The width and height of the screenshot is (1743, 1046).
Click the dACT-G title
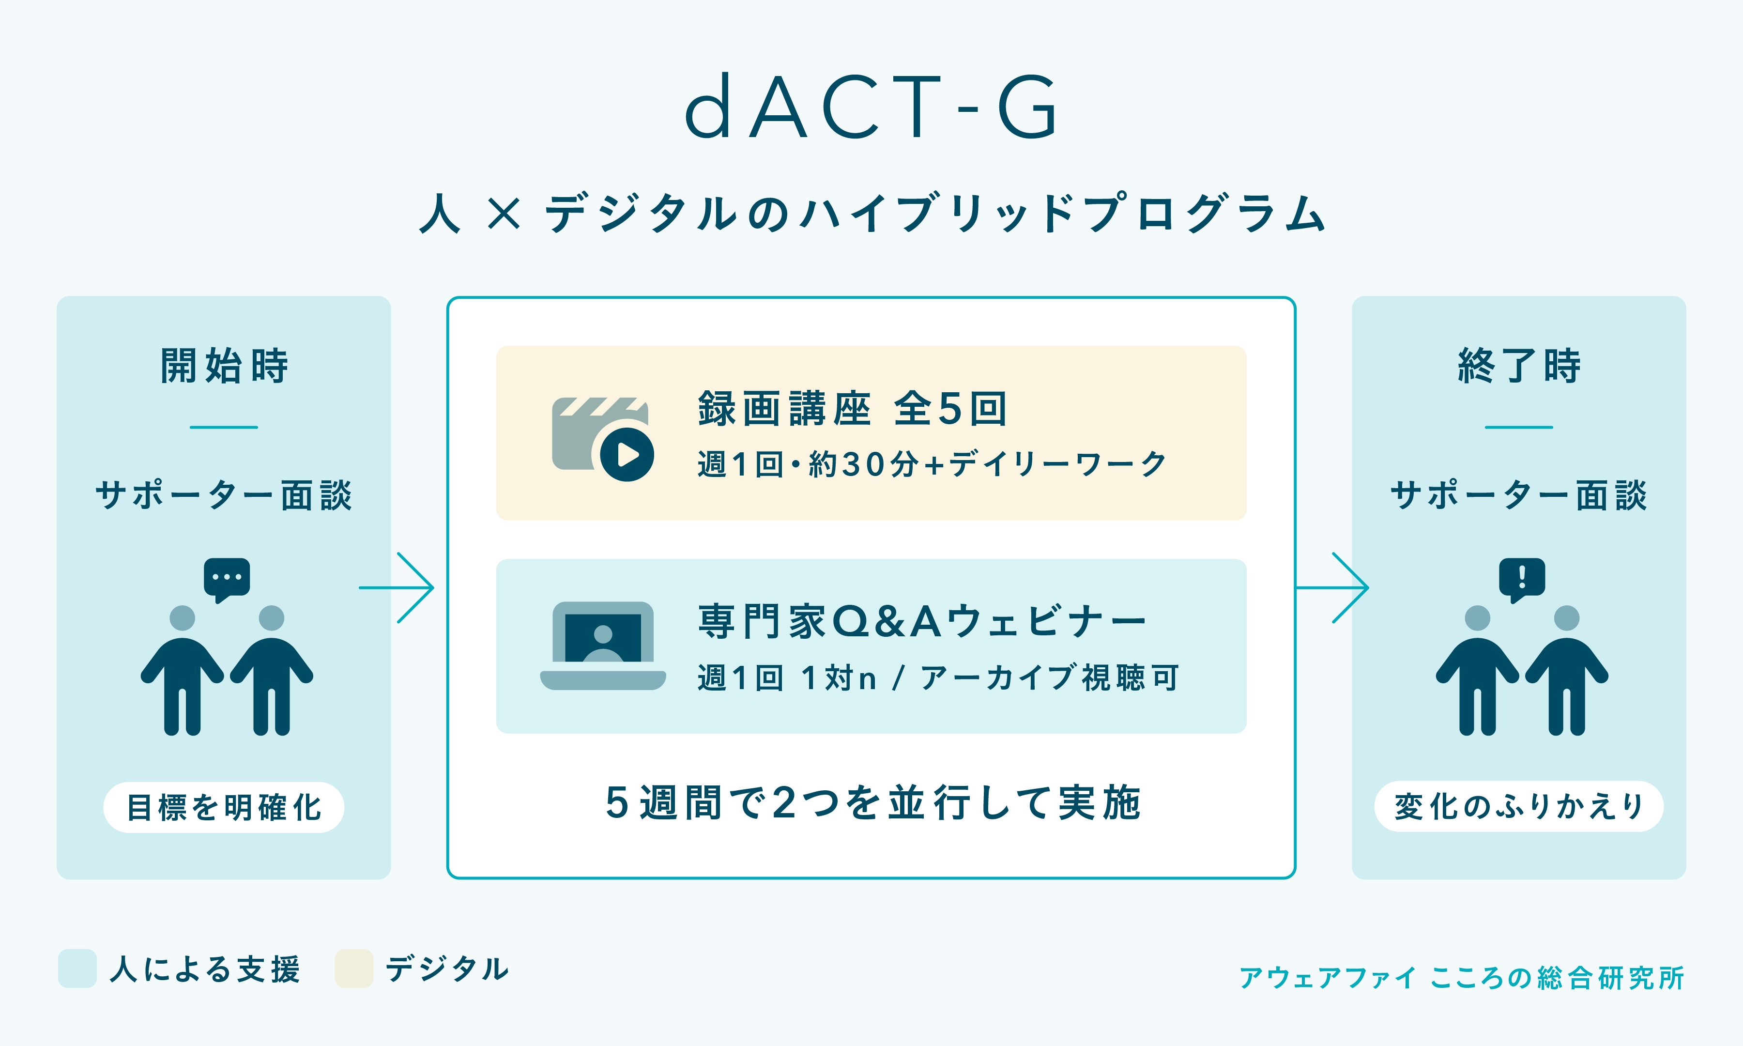pyautogui.click(x=871, y=107)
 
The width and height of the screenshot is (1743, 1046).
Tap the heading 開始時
pyautogui.click(x=224, y=365)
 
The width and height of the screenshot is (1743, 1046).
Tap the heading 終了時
pyautogui.click(x=1519, y=365)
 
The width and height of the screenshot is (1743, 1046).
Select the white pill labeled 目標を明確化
pyautogui.click(x=224, y=807)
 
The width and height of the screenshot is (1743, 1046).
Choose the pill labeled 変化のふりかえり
pyautogui.click(x=1519, y=806)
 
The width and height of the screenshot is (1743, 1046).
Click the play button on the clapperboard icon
pyautogui.click(x=627, y=455)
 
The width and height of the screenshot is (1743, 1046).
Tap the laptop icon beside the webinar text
pyautogui.click(x=603, y=646)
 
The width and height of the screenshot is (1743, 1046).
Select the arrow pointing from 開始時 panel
pyautogui.click(x=396, y=587)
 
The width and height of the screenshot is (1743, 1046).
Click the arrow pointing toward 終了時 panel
pyautogui.click(x=1331, y=587)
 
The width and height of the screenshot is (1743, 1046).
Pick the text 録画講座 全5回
pyautogui.click(x=853, y=408)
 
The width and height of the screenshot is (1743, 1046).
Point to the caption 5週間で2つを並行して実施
pyautogui.click(x=873, y=803)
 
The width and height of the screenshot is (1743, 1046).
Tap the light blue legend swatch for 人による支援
pyautogui.click(x=77, y=969)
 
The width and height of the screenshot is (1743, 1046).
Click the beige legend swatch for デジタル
pyautogui.click(x=353, y=969)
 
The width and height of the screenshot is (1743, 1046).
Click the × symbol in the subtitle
pyautogui.click(x=504, y=213)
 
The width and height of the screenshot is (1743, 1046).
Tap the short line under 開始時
pyautogui.click(x=224, y=427)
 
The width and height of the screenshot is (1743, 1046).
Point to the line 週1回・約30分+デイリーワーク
pyautogui.click(x=932, y=464)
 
